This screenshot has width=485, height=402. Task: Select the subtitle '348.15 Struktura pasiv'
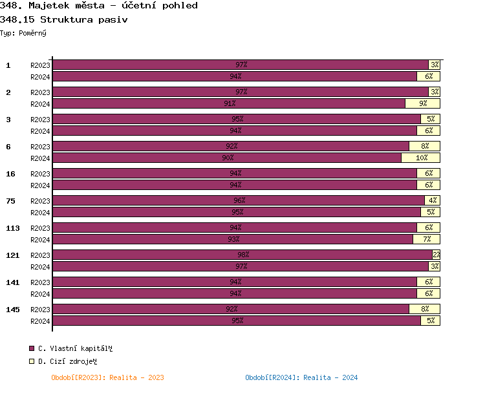tap(64, 19)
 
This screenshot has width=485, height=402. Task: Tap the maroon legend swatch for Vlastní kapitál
tap(32, 348)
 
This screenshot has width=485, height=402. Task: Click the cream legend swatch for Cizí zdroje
tap(32, 361)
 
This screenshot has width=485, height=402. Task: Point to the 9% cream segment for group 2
tap(422, 103)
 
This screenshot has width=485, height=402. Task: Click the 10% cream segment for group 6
tap(420, 158)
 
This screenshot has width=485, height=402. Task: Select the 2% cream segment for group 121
tap(436, 255)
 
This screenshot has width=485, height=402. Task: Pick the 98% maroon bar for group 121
tap(242, 255)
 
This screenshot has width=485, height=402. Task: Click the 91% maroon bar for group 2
tap(229, 103)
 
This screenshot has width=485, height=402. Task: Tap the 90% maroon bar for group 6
tap(227, 158)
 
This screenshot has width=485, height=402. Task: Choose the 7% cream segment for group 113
tap(426, 239)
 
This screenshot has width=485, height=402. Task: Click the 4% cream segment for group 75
tap(432, 200)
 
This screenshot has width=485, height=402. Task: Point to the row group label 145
tap(13, 310)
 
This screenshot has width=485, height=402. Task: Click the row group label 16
tap(11, 174)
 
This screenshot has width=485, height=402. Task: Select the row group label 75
tap(11, 201)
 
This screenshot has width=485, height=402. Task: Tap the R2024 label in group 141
tap(40, 293)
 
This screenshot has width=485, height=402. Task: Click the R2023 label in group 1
tap(40, 65)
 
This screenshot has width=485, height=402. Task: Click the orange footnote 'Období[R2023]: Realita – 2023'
tap(108, 377)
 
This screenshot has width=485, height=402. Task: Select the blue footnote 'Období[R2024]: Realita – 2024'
tap(301, 377)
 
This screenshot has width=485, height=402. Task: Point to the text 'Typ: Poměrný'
tap(23, 32)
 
